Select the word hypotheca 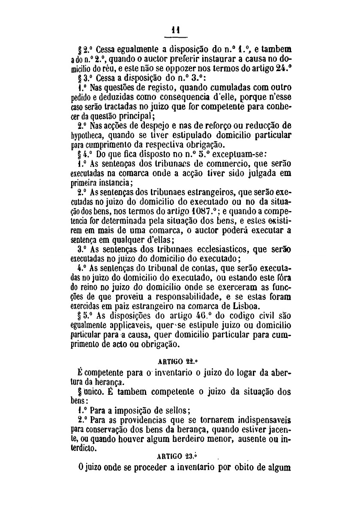coord(87,136)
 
